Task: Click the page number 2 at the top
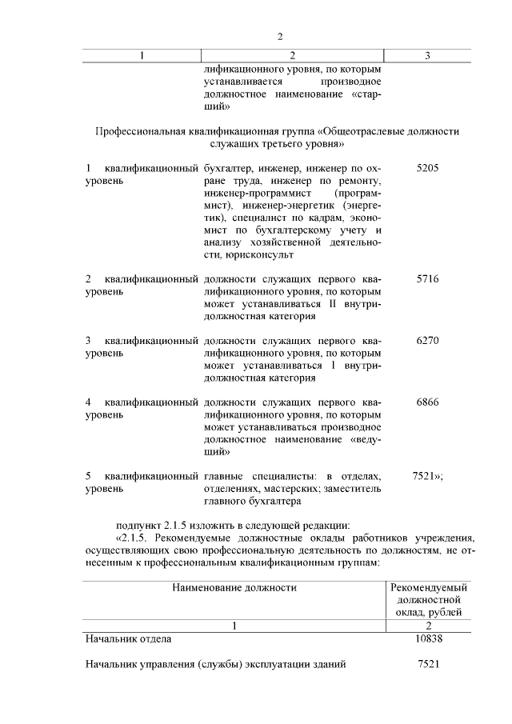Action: [x=280, y=36]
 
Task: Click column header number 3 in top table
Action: [x=428, y=55]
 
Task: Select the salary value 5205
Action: [x=428, y=169]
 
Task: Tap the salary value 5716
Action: [x=428, y=279]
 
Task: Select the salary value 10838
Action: [x=430, y=638]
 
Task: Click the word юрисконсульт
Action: [x=238, y=255]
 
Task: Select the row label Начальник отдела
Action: [x=129, y=638]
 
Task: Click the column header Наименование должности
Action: [x=234, y=587]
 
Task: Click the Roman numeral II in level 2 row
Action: [x=330, y=304]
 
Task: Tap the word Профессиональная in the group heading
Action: [x=141, y=130]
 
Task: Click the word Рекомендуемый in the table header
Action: [x=430, y=587]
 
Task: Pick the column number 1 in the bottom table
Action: [x=234, y=626]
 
